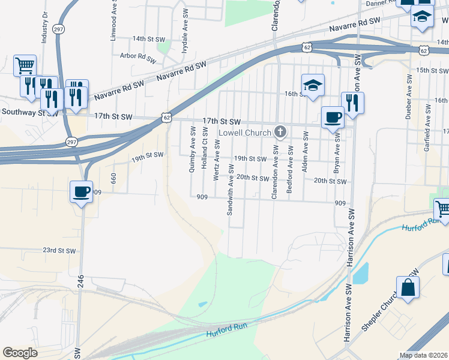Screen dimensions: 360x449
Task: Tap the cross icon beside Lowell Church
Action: coord(280,132)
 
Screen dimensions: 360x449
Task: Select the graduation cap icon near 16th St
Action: coord(313,85)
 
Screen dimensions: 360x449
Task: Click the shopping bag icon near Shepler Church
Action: coord(408,287)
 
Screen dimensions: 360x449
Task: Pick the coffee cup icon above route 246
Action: coord(82,191)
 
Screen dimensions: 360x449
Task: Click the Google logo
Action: coord(20,353)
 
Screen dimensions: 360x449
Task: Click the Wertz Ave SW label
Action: coord(217,159)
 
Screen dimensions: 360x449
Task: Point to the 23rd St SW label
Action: coord(59,250)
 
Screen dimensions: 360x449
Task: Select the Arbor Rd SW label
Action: coord(138,56)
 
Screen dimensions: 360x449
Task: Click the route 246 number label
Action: coord(80,280)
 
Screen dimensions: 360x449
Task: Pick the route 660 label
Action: coord(113,178)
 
